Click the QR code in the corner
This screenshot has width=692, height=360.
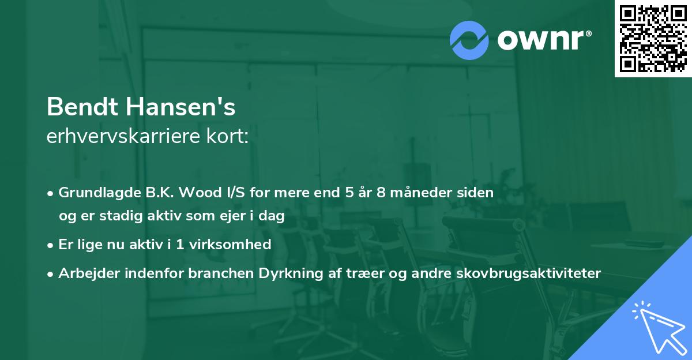coord(653,38)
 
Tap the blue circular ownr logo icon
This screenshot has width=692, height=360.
coord(469,40)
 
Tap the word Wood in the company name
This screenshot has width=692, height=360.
coord(199,193)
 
